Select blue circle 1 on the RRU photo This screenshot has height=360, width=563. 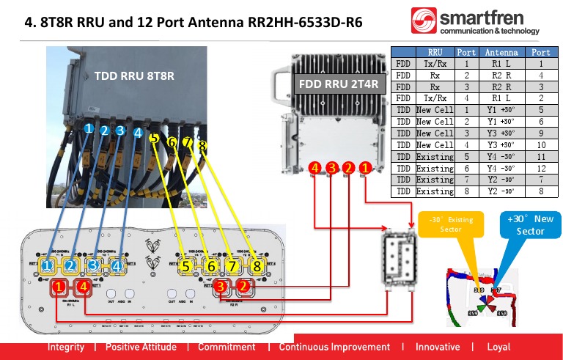tap(88, 128)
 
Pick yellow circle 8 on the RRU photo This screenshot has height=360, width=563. tap(202, 146)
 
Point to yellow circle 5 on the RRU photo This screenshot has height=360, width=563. tap(153, 137)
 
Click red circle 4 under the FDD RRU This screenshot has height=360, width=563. tap(314, 169)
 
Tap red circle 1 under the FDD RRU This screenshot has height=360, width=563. tap(364, 169)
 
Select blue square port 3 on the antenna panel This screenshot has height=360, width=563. tap(93, 265)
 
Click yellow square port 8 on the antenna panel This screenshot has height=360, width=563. tap(257, 265)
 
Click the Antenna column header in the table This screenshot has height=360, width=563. tap(501, 52)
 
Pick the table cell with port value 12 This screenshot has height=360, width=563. tap(540, 168)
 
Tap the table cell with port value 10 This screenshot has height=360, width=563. tap(540, 144)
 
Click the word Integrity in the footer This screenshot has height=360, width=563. tap(66, 347)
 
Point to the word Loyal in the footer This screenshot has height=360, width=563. tap(498, 347)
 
